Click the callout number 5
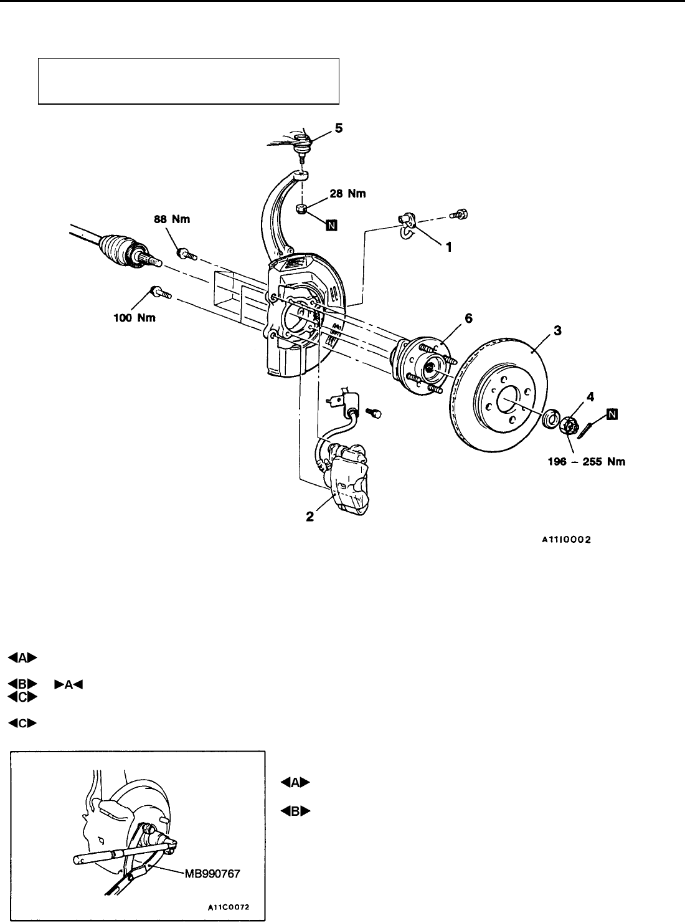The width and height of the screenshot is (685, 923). (339, 128)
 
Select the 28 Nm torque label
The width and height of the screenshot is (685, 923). (347, 193)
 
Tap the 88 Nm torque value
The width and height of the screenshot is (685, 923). (172, 219)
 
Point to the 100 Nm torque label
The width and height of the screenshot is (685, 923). (135, 318)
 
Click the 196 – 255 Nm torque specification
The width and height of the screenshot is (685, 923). (587, 461)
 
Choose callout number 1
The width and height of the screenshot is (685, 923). (448, 247)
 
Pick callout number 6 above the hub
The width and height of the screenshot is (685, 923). (468, 318)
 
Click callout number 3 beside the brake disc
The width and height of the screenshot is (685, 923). (557, 330)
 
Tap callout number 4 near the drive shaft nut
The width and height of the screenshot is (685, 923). (590, 396)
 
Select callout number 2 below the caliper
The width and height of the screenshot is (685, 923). (310, 517)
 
